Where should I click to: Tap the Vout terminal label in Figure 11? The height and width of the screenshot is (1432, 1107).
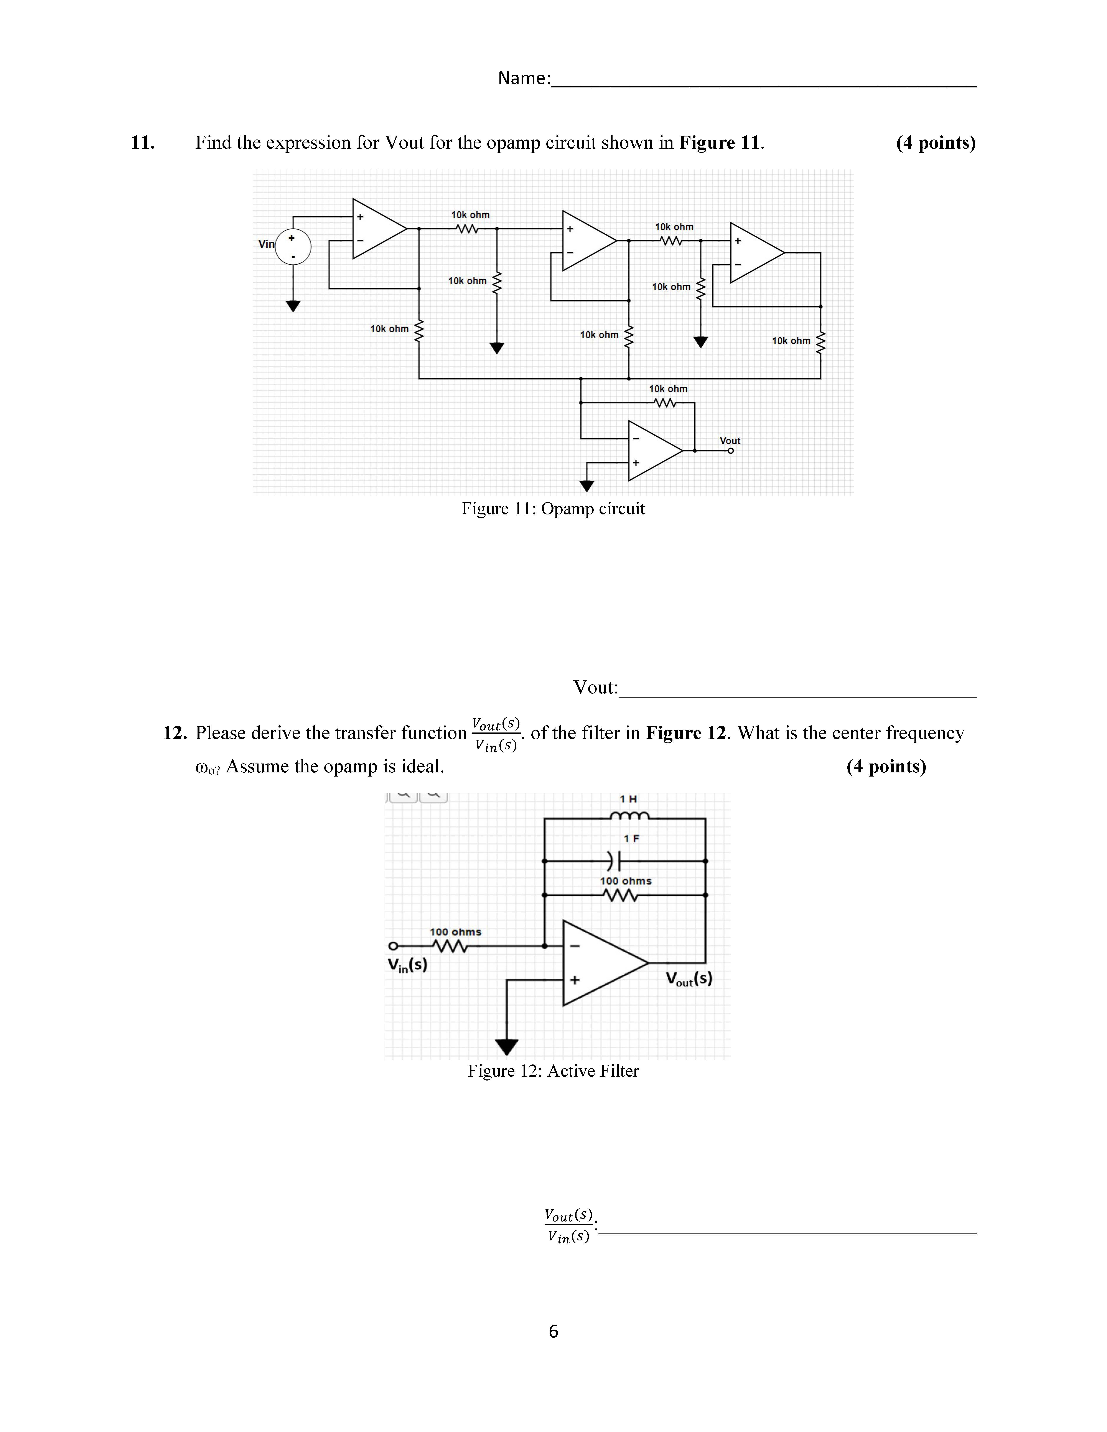730,441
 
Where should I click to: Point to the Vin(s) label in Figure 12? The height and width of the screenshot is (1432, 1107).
407,965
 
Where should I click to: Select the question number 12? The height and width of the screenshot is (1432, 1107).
175,733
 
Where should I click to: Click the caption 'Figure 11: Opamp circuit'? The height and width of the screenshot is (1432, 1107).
553,509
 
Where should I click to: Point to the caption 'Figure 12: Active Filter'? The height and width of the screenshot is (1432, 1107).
553,1071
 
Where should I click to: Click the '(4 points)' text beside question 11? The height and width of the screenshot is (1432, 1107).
935,143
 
